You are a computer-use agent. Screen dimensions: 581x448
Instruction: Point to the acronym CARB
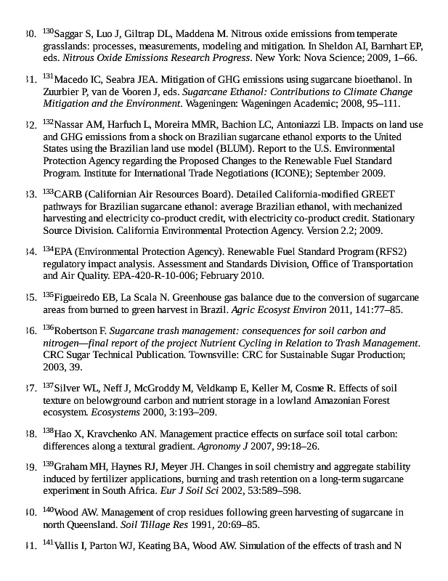68,194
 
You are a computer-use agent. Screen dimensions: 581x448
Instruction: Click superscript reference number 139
48,463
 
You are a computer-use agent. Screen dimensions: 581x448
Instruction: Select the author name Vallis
68,545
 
